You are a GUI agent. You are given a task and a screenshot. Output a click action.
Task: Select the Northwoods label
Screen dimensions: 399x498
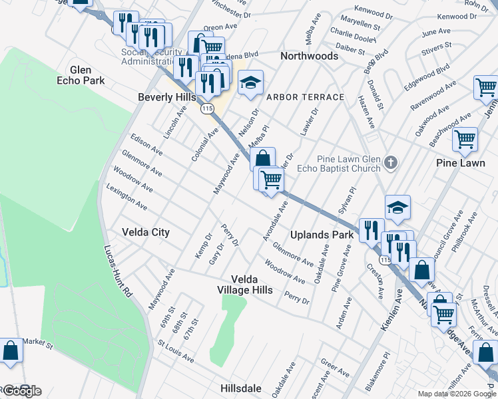click(309, 56)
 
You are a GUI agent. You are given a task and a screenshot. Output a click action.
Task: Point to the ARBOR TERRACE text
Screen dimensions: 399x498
click(305, 97)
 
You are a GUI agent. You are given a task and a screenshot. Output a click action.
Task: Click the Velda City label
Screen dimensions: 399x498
click(146, 232)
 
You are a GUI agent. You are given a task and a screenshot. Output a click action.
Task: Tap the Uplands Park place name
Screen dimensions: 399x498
click(322, 235)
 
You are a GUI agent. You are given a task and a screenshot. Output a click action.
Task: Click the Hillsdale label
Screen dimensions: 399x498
click(247, 387)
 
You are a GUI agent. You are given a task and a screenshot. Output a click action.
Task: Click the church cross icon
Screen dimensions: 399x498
click(391, 162)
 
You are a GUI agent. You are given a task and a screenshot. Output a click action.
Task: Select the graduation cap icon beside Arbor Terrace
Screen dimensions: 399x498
click(250, 83)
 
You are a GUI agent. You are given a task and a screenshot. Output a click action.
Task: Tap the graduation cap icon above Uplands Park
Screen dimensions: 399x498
click(397, 207)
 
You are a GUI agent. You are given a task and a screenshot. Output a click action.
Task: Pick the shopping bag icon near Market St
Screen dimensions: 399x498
click(11, 350)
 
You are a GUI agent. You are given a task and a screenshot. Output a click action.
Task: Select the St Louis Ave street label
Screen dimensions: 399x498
click(176, 352)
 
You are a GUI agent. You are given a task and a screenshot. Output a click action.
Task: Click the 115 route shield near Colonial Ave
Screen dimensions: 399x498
click(207, 108)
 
